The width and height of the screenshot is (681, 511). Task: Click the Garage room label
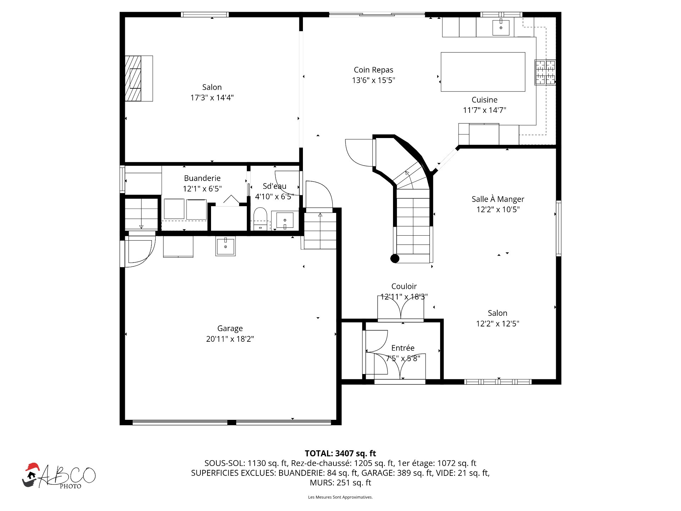230,329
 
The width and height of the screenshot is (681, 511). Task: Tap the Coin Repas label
373,70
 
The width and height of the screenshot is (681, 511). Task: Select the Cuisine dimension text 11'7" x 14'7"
485,110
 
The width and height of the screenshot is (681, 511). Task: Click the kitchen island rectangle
483,72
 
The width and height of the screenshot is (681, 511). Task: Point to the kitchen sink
501,27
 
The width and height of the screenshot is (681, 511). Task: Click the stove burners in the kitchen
545,72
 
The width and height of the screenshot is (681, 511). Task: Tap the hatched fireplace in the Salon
133,78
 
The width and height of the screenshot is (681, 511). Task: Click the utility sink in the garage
225,246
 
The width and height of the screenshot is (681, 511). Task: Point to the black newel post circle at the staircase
395,258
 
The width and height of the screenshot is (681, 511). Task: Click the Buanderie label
202,178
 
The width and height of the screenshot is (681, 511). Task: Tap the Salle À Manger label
498,199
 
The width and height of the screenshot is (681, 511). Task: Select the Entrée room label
403,348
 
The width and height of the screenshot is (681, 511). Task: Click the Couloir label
404,286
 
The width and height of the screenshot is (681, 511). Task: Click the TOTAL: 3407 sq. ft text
340,453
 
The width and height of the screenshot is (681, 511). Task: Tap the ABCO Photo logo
59,476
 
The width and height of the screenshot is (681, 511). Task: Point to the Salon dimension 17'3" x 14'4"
212,98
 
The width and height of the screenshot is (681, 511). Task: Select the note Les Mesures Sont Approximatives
340,497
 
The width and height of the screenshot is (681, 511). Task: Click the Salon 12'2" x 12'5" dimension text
498,324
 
